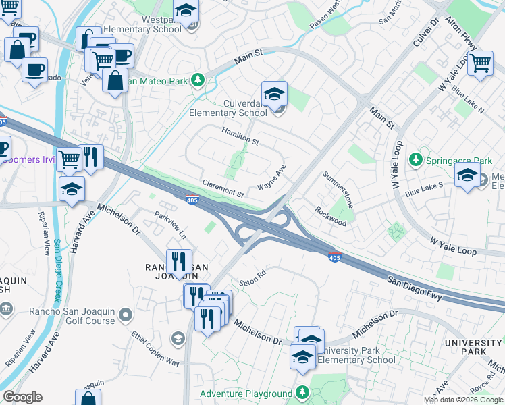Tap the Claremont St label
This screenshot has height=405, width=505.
coord(223,188)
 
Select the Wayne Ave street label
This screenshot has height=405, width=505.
coord(272,178)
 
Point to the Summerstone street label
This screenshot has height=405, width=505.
coord(338,189)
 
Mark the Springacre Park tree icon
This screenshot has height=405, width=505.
coord(417,160)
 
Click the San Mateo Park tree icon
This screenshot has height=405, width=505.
coord(197,81)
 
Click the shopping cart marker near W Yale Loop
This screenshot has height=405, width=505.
coord(480,63)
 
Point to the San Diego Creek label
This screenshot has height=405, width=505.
coord(55,270)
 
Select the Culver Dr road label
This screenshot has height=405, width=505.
coord(426,33)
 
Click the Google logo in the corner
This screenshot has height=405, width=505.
coord(22,397)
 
